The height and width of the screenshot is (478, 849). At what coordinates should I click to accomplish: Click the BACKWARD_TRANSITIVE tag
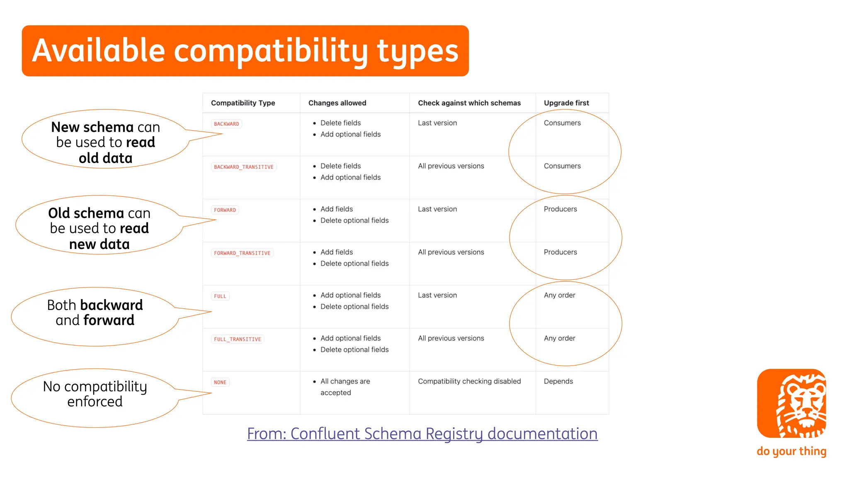pyautogui.click(x=244, y=167)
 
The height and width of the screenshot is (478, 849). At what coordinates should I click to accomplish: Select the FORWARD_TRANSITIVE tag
pyautogui.click(x=242, y=253)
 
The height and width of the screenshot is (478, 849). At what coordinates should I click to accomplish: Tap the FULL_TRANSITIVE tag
pyautogui.click(x=238, y=339)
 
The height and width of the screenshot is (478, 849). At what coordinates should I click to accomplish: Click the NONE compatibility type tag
pyautogui.click(x=220, y=382)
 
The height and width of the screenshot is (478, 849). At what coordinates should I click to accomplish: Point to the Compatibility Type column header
pyautogui.click(x=243, y=103)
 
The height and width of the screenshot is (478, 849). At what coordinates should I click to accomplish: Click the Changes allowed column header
pyautogui.click(x=337, y=103)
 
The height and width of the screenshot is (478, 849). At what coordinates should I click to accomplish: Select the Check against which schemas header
pyautogui.click(x=469, y=103)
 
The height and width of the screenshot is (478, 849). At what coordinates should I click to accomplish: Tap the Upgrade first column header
pyautogui.click(x=566, y=103)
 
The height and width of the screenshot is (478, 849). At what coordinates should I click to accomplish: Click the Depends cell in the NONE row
pyautogui.click(x=558, y=381)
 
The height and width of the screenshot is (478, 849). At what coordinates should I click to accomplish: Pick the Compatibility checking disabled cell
pyautogui.click(x=469, y=381)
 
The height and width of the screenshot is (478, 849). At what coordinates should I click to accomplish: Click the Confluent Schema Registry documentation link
pyautogui.click(x=422, y=434)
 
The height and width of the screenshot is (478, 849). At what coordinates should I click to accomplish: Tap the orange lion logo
pyautogui.click(x=791, y=403)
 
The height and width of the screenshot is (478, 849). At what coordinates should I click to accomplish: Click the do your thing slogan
pyautogui.click(x=791, y=451)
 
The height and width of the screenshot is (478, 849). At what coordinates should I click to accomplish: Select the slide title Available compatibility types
pyautogui.click(x=245, y=51)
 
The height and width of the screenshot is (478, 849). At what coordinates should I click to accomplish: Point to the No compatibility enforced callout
pyautogui.click(x=95, y=394)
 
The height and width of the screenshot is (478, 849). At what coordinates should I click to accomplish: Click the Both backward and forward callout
pyautogui.click(x=95, y=313)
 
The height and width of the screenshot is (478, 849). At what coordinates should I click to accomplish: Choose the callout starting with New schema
pyautogui.click(x=105, y=142)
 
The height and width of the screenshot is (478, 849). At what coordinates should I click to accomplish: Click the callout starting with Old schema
pyautogui.click(x=99, y=228)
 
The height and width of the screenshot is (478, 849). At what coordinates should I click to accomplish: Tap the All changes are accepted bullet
pyautogui.click(x=345, y=387)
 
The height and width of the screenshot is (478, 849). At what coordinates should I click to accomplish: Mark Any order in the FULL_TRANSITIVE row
pyautogui.click(x=559, y=338)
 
